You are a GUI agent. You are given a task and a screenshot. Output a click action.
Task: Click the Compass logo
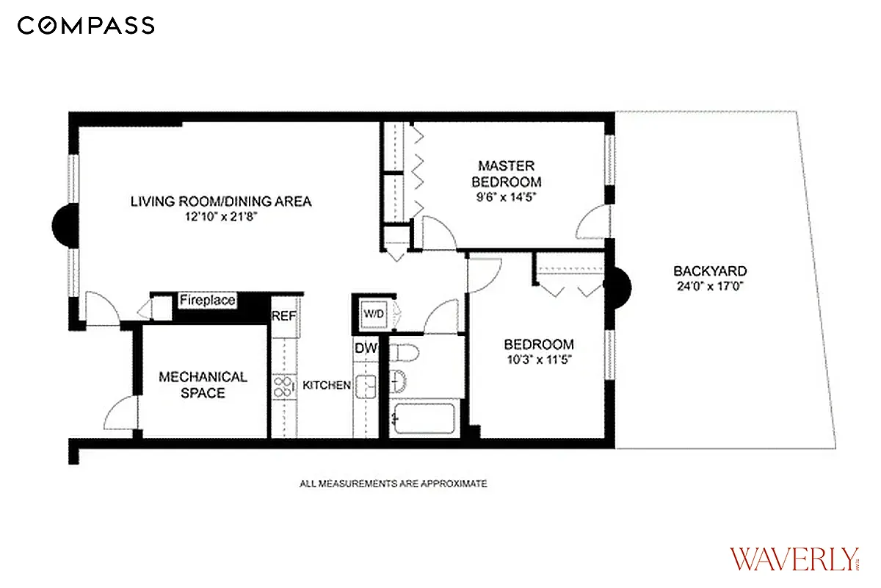(x=86, y=26)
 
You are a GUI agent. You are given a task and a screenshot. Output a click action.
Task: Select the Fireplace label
(x=208, y=300)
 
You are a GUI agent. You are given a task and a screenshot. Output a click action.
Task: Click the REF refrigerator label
(x=283, y=316)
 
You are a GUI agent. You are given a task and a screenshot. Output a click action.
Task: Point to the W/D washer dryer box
(x=373, y=315)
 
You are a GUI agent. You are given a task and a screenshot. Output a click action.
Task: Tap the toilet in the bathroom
(x=405, y=353)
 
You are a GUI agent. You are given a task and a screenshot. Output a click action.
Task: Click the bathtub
(x=424, y=419)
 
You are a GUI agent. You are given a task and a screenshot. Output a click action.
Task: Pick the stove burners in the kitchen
(x=282, y=387)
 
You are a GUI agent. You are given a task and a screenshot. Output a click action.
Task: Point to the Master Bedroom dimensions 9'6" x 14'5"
(x=507, y=196)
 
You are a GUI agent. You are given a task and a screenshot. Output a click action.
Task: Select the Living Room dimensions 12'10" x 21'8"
(x=221, y=217)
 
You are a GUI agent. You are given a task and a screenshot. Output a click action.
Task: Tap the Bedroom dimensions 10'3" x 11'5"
(x=538, y=359)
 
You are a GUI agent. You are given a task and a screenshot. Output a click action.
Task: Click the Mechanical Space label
(x=203, y=385)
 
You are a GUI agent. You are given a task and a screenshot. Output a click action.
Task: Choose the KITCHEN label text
(x=327, y=385)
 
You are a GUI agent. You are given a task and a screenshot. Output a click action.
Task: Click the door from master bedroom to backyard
(x=593, y=223)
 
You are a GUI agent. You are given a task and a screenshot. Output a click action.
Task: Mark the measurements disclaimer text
(x=393, y=484)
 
